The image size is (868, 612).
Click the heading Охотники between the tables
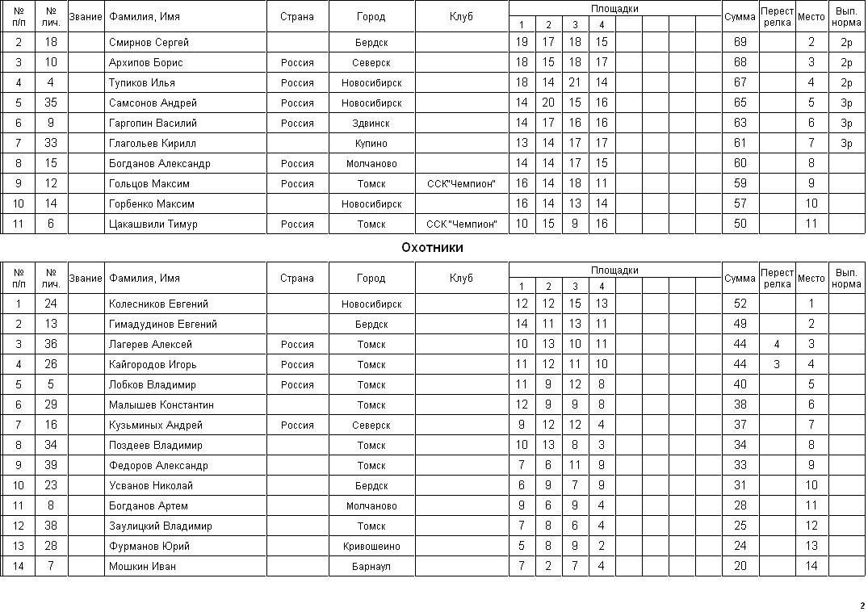coord(432,248)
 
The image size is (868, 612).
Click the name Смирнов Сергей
coord(149,42)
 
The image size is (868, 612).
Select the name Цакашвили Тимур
coord(153,224)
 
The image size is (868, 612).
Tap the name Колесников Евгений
coord(158,304)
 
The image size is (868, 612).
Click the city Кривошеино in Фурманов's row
coord(371,547)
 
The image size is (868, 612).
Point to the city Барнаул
coord(371,567)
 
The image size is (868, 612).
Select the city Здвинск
coord(371,124)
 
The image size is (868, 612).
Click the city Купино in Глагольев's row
coord(371,144)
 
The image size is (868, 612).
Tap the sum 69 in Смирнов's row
coord(740,42)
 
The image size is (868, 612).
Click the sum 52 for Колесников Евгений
coord(740,304)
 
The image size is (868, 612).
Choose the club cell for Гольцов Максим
coord(461,184)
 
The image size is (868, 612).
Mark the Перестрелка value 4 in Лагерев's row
coord(776,345)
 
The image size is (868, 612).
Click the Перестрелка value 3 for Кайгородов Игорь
coord(776,365)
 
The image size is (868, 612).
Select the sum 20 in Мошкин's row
coord(740,567)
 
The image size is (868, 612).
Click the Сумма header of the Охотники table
coord(740,279)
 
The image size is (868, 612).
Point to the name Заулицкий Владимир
coord(160,526)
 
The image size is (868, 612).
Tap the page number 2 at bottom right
coord(862,606)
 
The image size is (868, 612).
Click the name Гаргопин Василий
coord(153,124)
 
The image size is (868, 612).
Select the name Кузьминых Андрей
coord(155,425)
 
